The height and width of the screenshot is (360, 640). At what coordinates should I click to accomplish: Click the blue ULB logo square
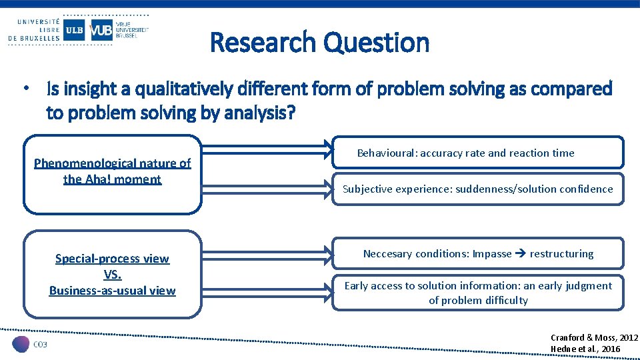click(74, 30)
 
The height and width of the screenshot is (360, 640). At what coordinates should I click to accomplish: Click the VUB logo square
click(101, 30)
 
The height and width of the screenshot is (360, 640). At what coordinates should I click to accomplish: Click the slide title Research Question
click(319, 43)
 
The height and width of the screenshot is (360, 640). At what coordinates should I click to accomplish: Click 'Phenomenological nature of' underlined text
click(112, 163)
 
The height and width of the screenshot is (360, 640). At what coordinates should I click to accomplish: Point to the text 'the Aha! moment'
click(112, 179)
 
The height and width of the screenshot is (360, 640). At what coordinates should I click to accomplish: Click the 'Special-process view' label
click(112, 259)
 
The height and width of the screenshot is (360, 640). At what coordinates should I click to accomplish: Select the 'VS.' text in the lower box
click(112, 275)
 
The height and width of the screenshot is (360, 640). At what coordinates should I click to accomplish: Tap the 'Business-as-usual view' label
click(112, 291)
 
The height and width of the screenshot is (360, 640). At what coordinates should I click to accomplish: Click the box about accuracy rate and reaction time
click(478, 153)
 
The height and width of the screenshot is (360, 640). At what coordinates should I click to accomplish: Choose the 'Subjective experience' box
click(478, 189)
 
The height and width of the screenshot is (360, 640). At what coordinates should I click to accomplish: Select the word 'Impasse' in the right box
click(492, 254)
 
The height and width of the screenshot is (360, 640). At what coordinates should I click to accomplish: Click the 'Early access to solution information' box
click(478, 293)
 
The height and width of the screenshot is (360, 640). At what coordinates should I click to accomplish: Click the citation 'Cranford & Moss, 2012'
click(594, 339)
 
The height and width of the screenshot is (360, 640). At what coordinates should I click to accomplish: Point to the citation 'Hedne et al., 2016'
click(585, 349)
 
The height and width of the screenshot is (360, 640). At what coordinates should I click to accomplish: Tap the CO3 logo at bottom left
click(31, 344)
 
